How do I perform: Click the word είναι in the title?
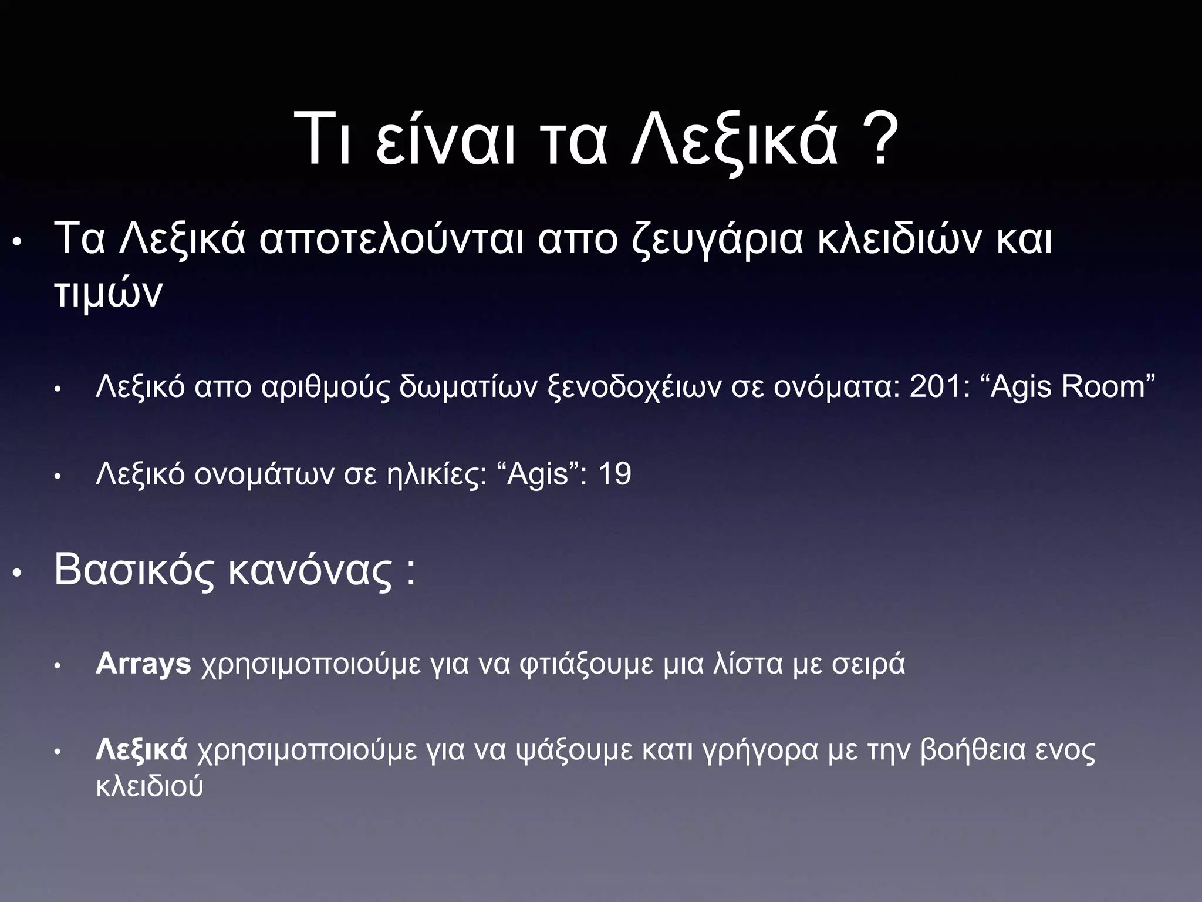point(445,141)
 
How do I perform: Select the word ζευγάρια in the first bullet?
point(717,241)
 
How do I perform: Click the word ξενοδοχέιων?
point(634,388)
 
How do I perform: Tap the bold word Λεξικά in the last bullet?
point(141,750)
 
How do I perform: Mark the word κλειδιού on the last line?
point(149,786)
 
